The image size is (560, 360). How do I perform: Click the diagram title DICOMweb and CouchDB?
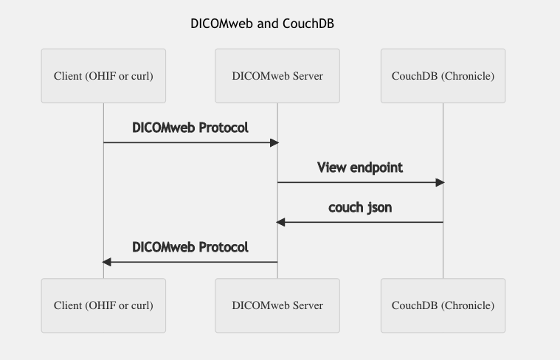[x=262, y=24]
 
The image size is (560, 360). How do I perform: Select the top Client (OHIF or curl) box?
[x=103, y=76]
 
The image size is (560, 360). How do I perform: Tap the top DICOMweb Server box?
[x=277, y=76]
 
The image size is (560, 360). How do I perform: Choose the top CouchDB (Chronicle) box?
[x=443, y=76]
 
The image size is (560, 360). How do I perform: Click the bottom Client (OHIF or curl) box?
[x=103, y=305]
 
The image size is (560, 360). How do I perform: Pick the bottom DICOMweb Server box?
[x=277, y=305]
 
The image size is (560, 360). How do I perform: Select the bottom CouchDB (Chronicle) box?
[x=443, y=305]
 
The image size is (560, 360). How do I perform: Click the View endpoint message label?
[x=360, y=167]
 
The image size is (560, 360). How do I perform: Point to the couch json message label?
[x=360, y=207]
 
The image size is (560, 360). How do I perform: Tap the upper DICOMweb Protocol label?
[x=190, y=128]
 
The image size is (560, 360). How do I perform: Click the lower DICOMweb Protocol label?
[x=190, y=247]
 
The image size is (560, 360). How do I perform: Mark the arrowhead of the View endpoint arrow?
[x=440, y=182]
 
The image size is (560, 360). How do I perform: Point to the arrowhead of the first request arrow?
[x=274, y=142]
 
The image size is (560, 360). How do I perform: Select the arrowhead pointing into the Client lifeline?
[x=107, y=262]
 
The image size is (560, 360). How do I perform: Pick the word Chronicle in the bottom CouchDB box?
[x=468, y=305]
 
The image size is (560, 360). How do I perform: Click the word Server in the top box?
[x=305, y=76]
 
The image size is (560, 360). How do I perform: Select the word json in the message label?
[x=379, y=207]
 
